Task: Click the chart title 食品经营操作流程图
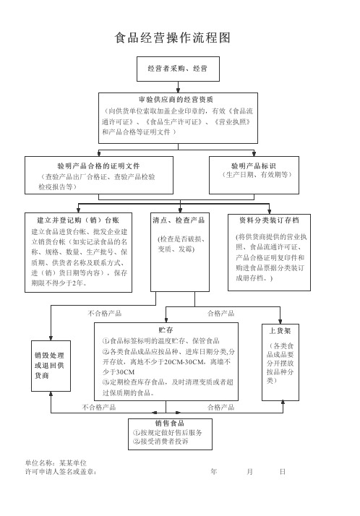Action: coord(173,38)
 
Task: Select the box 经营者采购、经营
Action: coord(178,69)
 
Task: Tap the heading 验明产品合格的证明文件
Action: coord(99,166)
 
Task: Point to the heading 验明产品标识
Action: coord(254,166)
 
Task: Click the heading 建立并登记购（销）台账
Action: coord(78,220)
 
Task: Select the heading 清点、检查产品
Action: coord(179,220)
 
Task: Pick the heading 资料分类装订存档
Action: coord(269,220)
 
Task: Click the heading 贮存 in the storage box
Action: coord(166,330)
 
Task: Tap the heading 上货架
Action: coord(280,331)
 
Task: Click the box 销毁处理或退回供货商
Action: coord(51,366)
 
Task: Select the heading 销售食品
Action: coord(170,423)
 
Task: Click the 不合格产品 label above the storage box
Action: coord(105,314)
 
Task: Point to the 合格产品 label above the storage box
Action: coord(220,314)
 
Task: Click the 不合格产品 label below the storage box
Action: coord(99,408)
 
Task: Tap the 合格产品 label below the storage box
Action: coord(220,408)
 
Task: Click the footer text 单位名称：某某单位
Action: coord(56,463)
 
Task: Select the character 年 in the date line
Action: coord(214,472)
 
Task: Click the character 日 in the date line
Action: coord(283,472)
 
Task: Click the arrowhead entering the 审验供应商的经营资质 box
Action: coord(178,90)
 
